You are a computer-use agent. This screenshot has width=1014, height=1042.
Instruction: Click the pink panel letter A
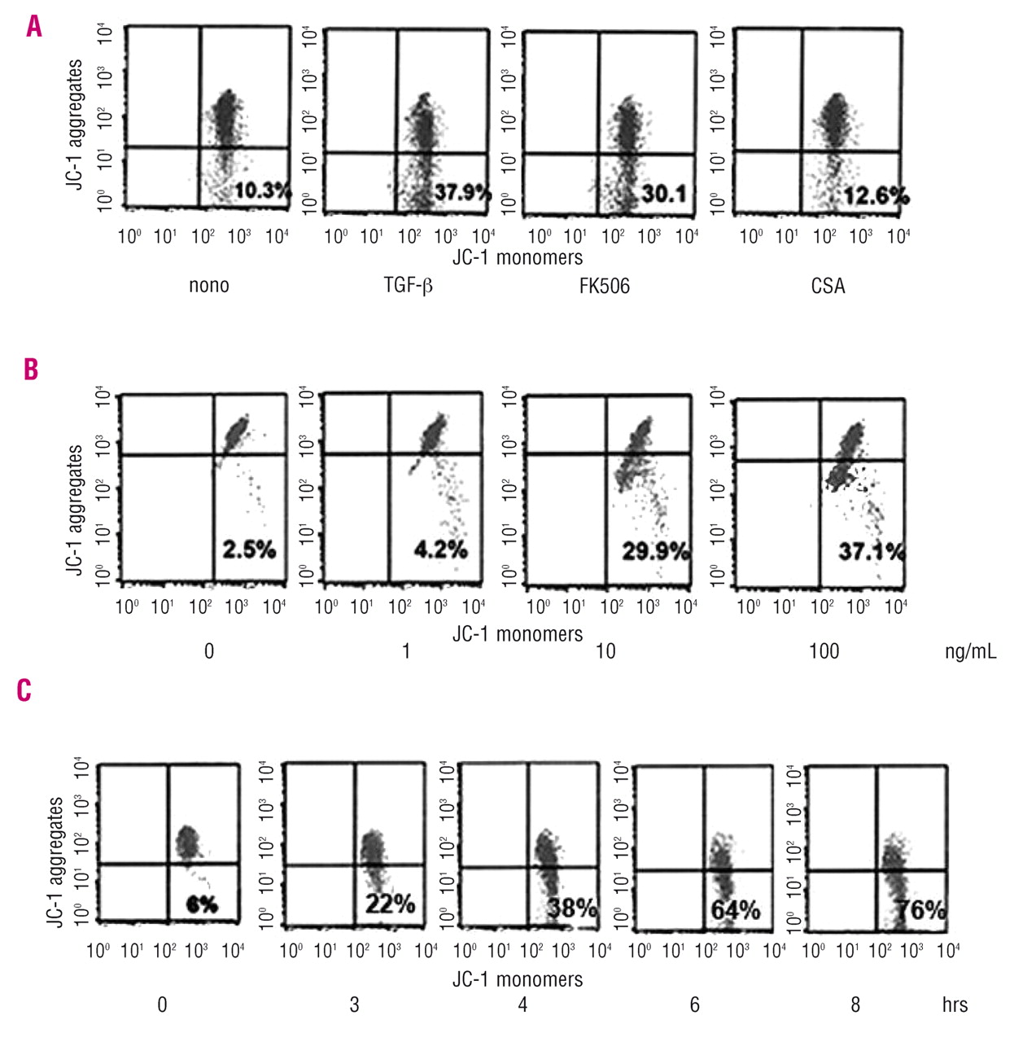(x=33, y=27)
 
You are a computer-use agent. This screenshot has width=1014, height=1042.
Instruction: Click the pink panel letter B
(x=31, y=369)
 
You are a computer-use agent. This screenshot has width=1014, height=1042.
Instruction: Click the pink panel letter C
(x=24, y=690)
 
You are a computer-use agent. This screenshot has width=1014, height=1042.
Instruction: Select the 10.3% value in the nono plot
(x=262, y=191)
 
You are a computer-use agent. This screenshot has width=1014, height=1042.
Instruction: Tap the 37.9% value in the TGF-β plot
(x=462, y=193)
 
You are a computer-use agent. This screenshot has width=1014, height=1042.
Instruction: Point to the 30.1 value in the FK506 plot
(x=663, y=194)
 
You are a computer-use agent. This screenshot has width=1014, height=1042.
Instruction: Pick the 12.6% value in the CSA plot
(x=876, y=195)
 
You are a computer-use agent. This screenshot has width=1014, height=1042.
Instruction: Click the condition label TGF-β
(x=408, y=286)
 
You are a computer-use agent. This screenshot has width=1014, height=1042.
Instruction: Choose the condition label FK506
(x=605, y=286)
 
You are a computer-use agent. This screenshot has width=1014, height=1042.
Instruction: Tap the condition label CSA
(x=828, y=286)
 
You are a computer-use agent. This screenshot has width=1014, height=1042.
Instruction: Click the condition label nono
(x=209, y=286)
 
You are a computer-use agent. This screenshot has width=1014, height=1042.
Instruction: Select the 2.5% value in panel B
(x=249, y=549)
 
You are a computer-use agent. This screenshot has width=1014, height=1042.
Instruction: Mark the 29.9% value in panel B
(x=655, y=551)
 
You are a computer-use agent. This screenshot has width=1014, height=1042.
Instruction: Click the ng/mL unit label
(x=970, y=651)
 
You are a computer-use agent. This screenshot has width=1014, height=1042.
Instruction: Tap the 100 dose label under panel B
(x=824, y=651)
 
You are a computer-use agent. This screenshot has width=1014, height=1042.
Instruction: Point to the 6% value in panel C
(x=202, y=904)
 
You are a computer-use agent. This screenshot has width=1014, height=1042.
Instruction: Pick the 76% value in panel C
(x=921, y=909)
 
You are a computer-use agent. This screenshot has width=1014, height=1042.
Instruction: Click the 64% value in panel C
(x=735, y=909)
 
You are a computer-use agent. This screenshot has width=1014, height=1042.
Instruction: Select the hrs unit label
(x=955, y=1005)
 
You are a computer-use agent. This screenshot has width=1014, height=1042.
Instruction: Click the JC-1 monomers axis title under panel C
(x=518, y=979)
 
